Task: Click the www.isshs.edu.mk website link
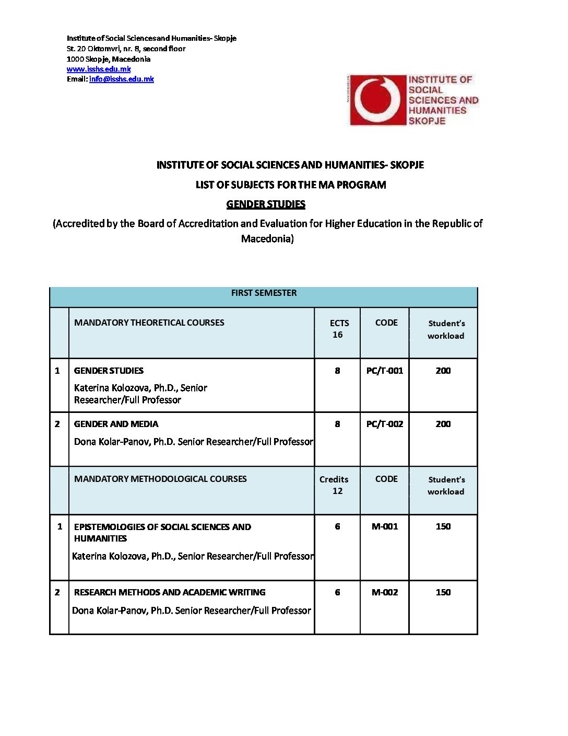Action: [x=99, y=69]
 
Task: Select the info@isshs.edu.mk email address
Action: [x=122, y=79]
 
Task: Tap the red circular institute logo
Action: [x=377, y=100]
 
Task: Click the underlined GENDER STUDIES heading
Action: [x=266, y=204]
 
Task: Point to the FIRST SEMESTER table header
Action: [x=264, y=293]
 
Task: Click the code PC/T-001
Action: [x=385, y=371]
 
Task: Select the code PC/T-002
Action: [x=385, y=424]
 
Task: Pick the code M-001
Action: [x=385, y=526]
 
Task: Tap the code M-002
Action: [x=385, y=592]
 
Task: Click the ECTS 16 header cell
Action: [x=338, y=329]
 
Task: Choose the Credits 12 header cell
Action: [x=335, y=485]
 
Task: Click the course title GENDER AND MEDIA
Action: [x=116, y=424]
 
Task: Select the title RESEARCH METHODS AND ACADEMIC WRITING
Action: [x=170, y=592]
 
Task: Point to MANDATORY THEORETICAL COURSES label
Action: [x=149, y=323]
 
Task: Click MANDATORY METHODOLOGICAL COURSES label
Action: [x=160, y=479]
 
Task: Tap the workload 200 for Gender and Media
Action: [x=443, y=424]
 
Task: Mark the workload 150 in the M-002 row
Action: [x=443, y=592]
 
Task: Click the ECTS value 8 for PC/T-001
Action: [x=337, y=371]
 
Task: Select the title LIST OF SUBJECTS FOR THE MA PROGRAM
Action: [x=291, y=185]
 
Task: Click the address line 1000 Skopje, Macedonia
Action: [x=108, y=59]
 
